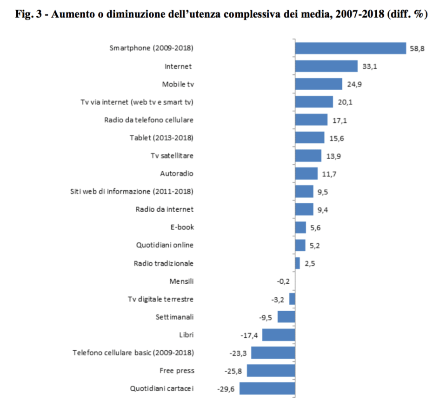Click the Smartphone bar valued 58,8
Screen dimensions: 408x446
[351, 48]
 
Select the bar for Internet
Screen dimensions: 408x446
[326, 67]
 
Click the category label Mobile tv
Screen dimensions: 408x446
[178, 84]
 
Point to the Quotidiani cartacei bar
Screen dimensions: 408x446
[267, 388]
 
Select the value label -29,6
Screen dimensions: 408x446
[226, 388]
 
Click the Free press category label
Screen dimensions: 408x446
[176, 371]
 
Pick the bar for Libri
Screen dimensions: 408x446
[279, 335]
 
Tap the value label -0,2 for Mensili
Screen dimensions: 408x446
[284, 281]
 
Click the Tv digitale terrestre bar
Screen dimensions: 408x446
[292, 299]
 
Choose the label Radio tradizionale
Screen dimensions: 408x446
[163, 263]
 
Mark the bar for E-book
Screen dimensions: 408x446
[300, 227]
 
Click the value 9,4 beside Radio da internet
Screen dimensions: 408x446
[323, 210]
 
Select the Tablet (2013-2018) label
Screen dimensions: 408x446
[161, 138]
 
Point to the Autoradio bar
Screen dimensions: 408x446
[306, 174]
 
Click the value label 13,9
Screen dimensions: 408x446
[332, 156]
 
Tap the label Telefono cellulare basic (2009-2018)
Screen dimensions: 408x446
[133, 353]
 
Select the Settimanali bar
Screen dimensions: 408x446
[286, 317]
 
